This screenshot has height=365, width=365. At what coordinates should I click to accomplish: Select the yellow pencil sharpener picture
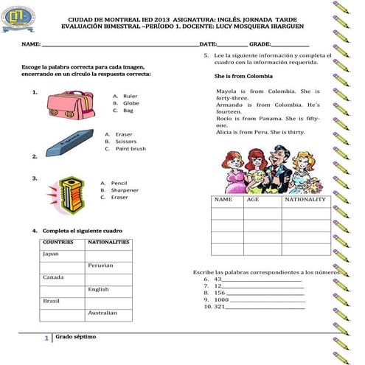69,192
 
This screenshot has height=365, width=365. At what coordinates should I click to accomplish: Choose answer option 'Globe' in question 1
131,103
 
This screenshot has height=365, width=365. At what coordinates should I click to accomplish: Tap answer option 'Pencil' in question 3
119,183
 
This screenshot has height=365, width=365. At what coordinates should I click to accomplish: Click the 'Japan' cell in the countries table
52,254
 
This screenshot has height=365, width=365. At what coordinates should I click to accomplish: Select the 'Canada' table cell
53,277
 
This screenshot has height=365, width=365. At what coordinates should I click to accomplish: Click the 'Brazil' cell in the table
52,301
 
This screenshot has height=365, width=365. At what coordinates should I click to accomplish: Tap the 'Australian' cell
102,313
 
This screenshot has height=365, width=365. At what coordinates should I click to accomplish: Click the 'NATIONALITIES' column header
108,242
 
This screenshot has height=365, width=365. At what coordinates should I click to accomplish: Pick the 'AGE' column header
253,200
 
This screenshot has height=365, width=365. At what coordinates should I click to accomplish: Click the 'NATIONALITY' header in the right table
305,200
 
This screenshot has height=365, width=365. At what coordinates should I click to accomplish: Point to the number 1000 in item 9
221,300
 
